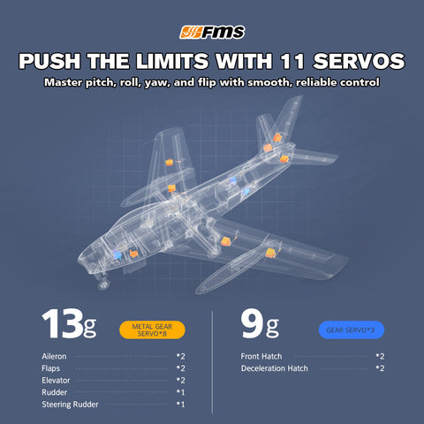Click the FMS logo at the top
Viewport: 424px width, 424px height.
212,34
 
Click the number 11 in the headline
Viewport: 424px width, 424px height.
305,62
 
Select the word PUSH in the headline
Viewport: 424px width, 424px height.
49,62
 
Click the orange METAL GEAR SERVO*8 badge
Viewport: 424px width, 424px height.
156,330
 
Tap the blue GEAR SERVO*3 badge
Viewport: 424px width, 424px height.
351,329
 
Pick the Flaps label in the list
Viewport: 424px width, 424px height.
52,368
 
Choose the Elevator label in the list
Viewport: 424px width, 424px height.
57,380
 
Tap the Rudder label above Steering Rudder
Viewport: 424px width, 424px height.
54,392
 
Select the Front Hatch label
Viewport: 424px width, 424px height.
261,357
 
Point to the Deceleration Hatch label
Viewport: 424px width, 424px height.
275,368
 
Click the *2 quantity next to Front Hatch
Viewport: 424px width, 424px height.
379,357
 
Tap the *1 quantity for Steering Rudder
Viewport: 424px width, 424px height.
180,404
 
